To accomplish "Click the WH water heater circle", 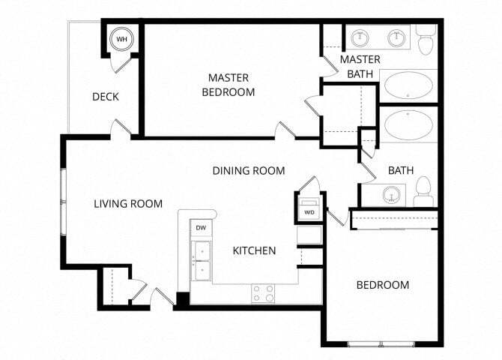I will tap(120, 39).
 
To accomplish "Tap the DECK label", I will tap(106, 97).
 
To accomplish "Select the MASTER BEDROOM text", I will tap(232, 85).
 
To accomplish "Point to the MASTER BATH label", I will tap(360, 66).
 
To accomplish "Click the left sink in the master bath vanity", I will tap(361, 37).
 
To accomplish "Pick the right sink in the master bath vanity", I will tap(396, 37).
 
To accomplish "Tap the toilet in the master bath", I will tap(427, 41).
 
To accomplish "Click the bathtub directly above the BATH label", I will tap(408, 125).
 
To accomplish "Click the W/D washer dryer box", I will tap(309, 209).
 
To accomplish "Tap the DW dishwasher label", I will tap(201, 227).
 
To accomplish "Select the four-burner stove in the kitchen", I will tap(263, 293).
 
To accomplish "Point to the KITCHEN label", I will tap(254, 250).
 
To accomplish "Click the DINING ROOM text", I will tap(249, 171).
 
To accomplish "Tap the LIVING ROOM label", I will tap(128, 203).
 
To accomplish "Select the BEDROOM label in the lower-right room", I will tap(382, 285).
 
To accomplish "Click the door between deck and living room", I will tap(117, 129).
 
